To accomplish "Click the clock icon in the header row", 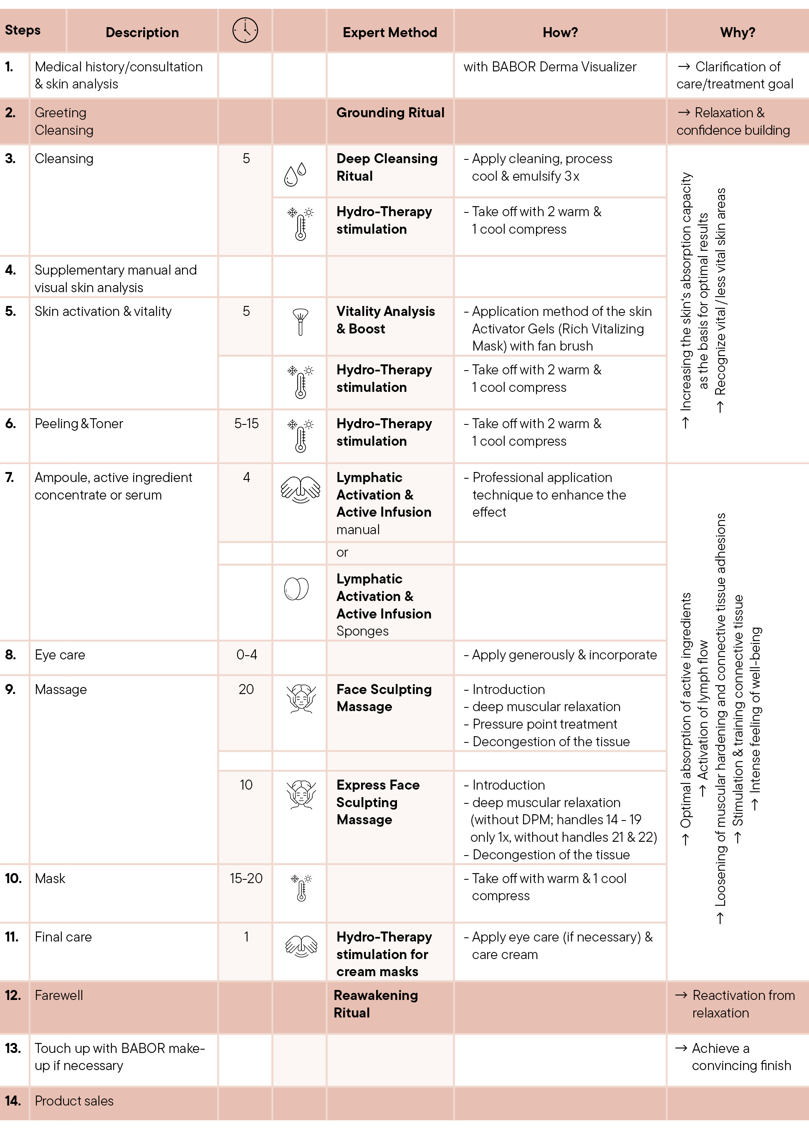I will pos(245,30).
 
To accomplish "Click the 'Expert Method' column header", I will pos(389,33).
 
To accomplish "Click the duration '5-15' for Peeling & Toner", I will pos(246,424).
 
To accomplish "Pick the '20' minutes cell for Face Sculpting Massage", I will pos(246,689).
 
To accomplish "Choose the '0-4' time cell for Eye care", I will pos(247,655).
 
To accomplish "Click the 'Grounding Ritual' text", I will pos(390,113).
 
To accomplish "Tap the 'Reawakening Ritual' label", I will pos(376,1004).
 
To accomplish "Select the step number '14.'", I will pos(13,1101).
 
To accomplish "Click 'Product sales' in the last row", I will pos(74,1101).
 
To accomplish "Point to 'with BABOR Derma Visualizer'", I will pos(549,67).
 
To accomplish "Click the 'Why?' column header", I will pos(737,33).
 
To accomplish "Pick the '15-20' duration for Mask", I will pos(246,879).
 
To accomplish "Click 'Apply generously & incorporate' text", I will pos(564,655).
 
